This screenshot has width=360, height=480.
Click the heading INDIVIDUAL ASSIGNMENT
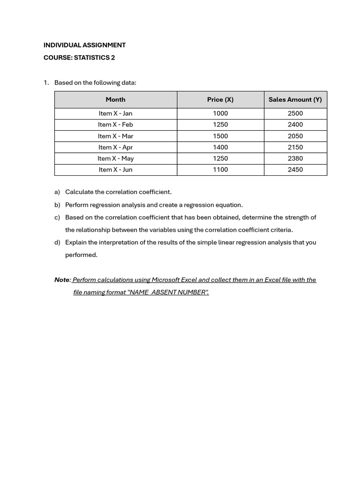point(84,45)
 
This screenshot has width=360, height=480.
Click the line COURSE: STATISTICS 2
point(79,58)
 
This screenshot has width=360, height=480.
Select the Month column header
point(115,99)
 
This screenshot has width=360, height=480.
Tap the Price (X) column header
point(220,99)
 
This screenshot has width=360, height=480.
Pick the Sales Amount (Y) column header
point(295,99)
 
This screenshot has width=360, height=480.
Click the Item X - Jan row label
point(115,113)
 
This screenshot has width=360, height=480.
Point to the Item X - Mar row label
point(115,136)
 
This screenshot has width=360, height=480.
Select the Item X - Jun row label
point(115,170)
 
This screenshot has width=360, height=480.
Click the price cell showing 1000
point(220,113)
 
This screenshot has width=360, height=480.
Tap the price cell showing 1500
point(220,136)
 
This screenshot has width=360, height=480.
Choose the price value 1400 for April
point(220,147)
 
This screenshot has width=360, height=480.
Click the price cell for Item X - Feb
point(220,125)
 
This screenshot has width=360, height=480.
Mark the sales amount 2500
point(295,113)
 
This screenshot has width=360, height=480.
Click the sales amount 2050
point(295,136)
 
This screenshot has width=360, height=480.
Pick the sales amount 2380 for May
point(295,158)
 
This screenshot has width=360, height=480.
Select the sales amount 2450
point(295,170)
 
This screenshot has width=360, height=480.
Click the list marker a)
point(57,192)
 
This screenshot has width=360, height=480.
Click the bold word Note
point(62,280)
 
